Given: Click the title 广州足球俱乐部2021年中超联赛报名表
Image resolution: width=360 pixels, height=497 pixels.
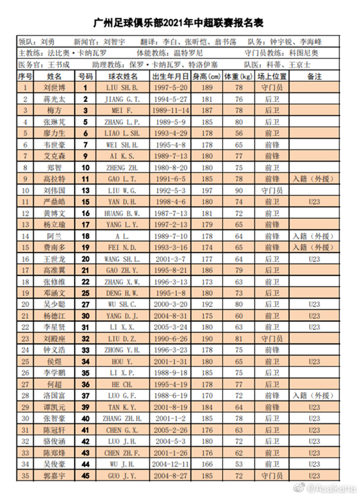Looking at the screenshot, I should pyautogui.click(x=179, y=22).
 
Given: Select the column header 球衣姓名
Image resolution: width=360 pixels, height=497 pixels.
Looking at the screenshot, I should pyautogui.click(x=121, y=76).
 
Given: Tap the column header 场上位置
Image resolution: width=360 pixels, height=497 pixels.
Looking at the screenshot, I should pyautogui.click(x=271, y=76).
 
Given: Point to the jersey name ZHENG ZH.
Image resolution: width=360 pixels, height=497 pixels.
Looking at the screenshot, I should pyautogui.click(x=121, y=167).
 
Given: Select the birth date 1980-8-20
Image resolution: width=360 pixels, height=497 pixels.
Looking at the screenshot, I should pyautogui.click(x=170, y=167).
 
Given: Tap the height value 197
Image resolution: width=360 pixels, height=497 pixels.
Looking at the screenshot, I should pyautogui.click(x=207, y=190).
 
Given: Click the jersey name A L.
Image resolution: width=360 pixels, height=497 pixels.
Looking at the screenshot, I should pyautogui.click(x=121, y=236).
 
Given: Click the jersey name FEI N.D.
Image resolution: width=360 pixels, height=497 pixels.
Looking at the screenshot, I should pyautogui.click(x=121, y=248).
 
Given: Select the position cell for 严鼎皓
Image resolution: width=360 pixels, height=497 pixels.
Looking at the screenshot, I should pyautogui.click(x=271, y=202).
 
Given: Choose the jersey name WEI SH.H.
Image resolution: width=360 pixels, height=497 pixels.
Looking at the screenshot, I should pyautogui.click(x=121, y=144).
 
